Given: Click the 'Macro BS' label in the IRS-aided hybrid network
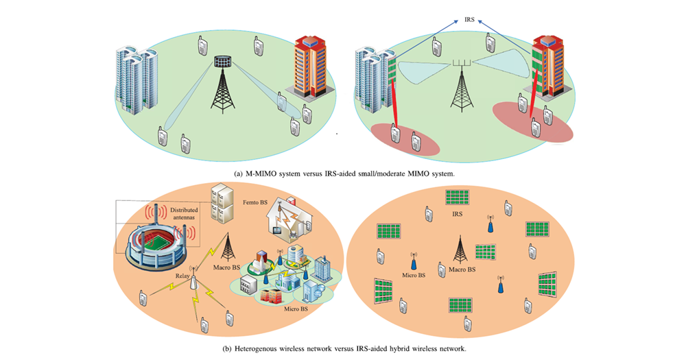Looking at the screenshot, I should point(461,270).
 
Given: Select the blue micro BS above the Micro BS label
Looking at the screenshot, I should point(414,261).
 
